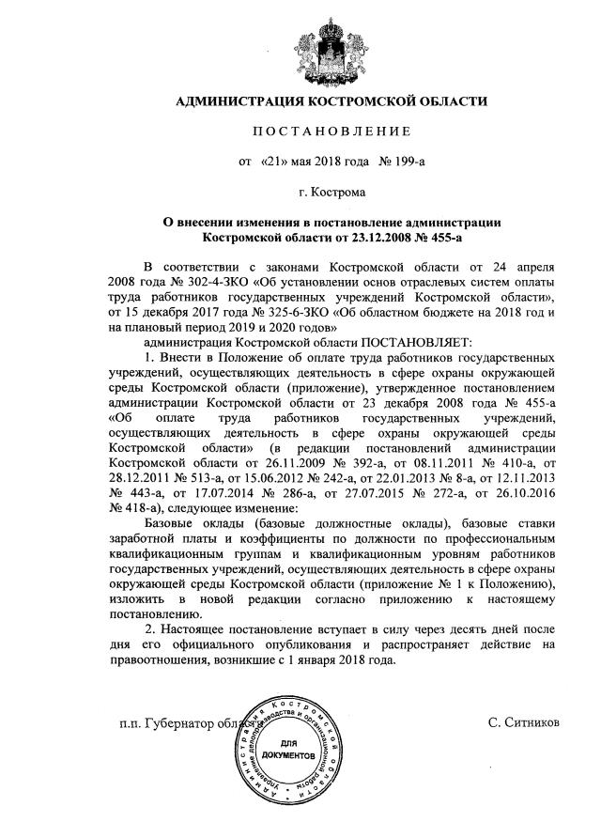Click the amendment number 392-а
tap(349, 462)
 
